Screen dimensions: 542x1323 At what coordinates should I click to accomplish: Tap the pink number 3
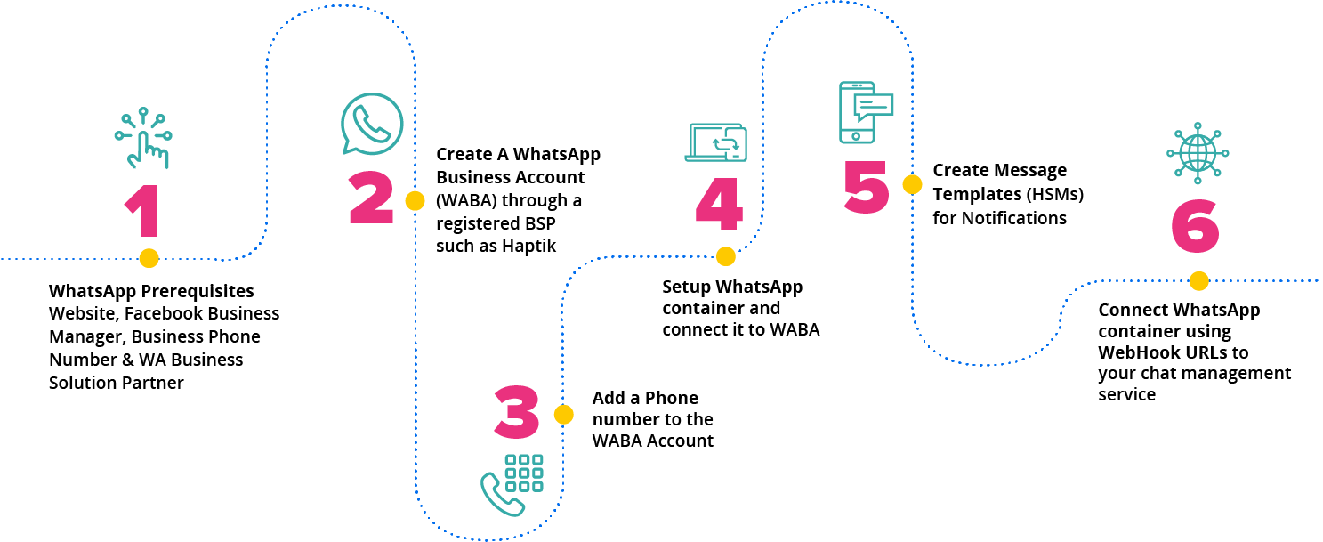point(517,413)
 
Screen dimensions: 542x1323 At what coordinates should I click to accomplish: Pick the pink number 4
point(718,206)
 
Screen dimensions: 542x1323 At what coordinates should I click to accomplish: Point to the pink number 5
point(866,187)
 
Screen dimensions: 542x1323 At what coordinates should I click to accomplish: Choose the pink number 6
point(1195,227)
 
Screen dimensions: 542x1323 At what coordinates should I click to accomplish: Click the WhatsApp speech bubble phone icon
point(372,125)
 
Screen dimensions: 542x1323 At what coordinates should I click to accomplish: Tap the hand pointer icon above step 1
point(142,139)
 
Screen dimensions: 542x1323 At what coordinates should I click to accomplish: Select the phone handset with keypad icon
point(512,484)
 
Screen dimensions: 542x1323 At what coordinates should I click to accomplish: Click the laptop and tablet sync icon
point(715,142)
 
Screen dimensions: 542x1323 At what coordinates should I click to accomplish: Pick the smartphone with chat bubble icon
point(865,111)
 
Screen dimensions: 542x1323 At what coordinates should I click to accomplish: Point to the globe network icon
point(1197,153)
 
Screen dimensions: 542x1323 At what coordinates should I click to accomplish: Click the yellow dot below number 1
point(149,258)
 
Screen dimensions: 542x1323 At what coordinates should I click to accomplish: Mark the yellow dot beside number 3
point(563,415)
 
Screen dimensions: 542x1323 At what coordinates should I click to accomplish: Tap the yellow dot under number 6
point(1198,281)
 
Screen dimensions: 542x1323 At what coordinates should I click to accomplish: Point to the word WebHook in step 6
point(1131,352)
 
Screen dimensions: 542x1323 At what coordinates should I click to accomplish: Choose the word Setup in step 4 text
point(686,287)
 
